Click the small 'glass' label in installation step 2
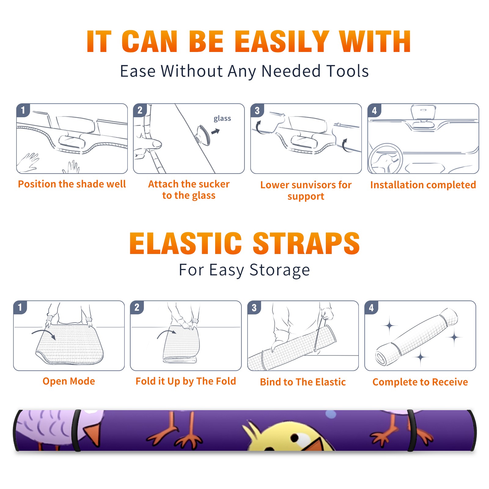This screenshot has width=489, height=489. pyautogui.click(x=222, y=119)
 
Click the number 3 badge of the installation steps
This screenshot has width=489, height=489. pyautogui.click(x=257, y=110)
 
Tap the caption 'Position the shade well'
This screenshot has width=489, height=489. pyautogui.click(x=72, y=184)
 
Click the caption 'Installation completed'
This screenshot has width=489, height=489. pyautogui.click(x=423, y=185)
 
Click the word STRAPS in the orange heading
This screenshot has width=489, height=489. pyautogui.click(x=306, y=243)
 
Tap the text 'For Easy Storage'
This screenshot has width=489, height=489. pyautogui.click(x=244, y=270)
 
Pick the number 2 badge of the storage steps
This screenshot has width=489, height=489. pyautogui.click(x=137, y=307)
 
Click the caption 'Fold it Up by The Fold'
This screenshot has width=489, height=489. pyautogui.click(x=186, y=381)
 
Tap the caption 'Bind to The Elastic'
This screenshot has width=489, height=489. pyautogui.click(x=303, y=382)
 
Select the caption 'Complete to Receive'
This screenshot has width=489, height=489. pyautogui.click(x=420, y=382)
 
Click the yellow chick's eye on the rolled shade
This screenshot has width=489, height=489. pyautogui.click(x=295, y=438)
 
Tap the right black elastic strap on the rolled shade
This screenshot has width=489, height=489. pyautogui.click(x=411, y=431)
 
